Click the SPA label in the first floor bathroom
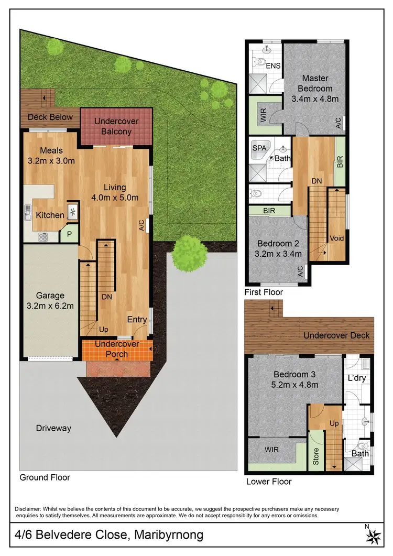click(259, 148)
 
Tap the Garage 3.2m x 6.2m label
click(50, 300)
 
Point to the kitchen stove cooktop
click(42, 237)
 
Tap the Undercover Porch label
click(116, 349)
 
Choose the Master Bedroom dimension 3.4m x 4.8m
click(315, 98)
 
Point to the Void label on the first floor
click(336, 237)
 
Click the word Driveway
click(53, 428)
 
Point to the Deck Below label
click(50, 116)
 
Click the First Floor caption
click(264, 292)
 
